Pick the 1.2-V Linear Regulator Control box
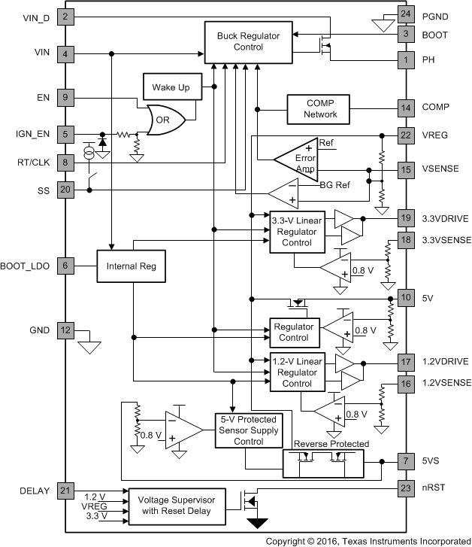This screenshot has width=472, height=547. coord(298,372)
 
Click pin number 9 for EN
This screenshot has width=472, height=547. coord(66,97)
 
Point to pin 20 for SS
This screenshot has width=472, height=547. coord(66,190)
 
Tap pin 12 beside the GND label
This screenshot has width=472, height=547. coord(66,330)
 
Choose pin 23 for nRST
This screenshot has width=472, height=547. coord(406,488)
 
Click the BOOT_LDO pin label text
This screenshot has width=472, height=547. coord(26,266)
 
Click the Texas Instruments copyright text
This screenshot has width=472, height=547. coord(368,540)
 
